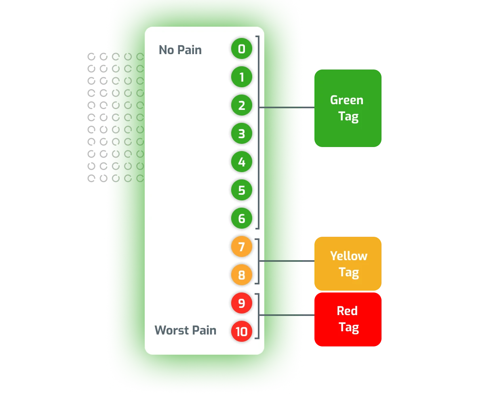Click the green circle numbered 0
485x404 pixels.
[242, 49]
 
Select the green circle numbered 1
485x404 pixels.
[242, 77]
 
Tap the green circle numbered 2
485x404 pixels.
[242, 105]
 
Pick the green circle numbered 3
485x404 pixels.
[242, 134]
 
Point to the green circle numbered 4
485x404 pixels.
[242, 162]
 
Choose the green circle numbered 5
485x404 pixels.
[242, 190]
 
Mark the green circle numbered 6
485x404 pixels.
[242, 219]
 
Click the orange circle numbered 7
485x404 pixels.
[242, 247]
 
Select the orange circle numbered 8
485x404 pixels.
[242, 275]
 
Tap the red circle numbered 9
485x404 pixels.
[242, 303]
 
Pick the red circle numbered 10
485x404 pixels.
[242, 332]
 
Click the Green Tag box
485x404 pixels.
[347, 108]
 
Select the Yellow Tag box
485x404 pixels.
[348, 264]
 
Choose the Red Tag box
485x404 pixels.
[348, 319]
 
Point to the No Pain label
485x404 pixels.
[180, 50]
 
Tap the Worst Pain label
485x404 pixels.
[185, 330]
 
